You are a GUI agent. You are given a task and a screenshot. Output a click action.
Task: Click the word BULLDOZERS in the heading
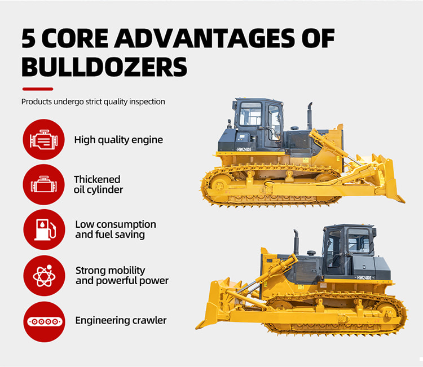coord(104,67)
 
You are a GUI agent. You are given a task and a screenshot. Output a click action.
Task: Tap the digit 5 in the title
coord(29,38)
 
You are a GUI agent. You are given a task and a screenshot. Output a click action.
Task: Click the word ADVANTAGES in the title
coord(204,38)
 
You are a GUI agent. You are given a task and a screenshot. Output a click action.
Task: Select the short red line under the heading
coord(38,89)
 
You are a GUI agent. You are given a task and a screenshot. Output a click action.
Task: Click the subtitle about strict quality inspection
coord(93,101)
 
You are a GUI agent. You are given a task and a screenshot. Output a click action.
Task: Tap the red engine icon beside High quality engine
coord(43,139)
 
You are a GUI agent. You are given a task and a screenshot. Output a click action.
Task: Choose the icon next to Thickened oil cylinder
coord(43,184)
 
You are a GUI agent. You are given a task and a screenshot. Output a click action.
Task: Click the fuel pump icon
coord(44,229)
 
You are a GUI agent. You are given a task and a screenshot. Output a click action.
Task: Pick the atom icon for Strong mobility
coord(44,276)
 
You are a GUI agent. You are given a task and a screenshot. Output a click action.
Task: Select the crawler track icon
coord(44,322)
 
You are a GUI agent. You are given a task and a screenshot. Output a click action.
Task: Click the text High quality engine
coord(118,140)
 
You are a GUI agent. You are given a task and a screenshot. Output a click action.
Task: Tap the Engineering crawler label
coord(121,320)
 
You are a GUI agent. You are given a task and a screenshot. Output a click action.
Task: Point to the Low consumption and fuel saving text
coord(116,229)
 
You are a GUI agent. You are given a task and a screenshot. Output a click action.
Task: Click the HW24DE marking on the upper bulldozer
coord(244,149)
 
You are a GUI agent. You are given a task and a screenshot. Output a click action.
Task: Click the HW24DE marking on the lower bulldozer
coord(364,278)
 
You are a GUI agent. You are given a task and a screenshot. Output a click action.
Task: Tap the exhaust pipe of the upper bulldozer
coord(310,116)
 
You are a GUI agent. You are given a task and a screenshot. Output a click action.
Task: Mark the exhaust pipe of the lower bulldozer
coord(296,242)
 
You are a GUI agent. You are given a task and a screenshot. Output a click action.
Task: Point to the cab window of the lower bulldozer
coord(358,241)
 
